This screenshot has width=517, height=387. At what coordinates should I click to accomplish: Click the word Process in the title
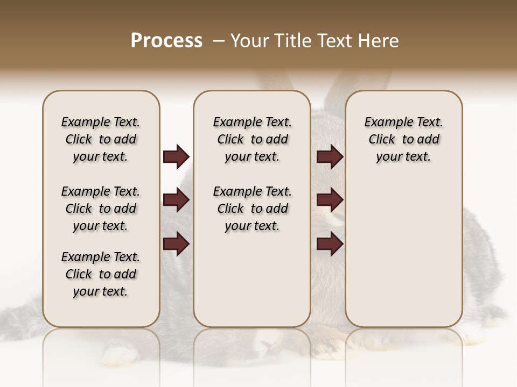pos(166,41)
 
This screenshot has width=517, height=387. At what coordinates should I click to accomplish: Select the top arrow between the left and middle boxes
pos(176,157)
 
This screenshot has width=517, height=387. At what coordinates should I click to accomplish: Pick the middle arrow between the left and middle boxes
pos(176,200)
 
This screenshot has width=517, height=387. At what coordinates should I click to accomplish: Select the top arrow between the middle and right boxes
pos(330,157)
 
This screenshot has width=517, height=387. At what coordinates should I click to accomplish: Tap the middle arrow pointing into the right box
pos(330,200)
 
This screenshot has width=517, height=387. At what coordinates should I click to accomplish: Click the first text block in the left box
pos(101,139)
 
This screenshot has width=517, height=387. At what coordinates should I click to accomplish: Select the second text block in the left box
pos(101,209)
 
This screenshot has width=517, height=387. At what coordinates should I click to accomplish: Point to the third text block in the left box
pos(101,274)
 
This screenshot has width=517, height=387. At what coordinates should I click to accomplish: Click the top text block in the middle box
pos(252,139)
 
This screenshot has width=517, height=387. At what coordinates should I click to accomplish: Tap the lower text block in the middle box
pos(252,209)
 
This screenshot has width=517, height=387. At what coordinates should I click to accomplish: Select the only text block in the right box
pos(404,139)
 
